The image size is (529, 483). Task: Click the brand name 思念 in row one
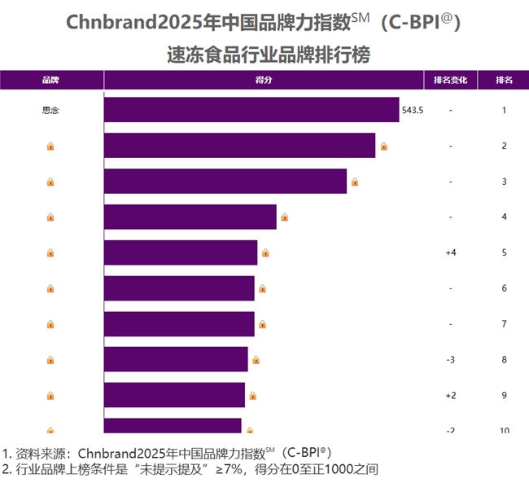click(50, 110)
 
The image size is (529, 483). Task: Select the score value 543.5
click(413, 110)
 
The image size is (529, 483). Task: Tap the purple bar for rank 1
click(251, 110)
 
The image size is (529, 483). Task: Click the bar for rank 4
click(190, 217)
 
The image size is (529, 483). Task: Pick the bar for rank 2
click(240, 146)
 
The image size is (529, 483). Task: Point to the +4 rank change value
click(450, 252)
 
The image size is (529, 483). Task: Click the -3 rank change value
click(450, 360)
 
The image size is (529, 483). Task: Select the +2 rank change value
click(450, 396)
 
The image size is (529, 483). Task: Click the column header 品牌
click(50, 80)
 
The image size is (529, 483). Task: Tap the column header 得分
click(263, 80)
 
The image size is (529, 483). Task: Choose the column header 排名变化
click(450, 80)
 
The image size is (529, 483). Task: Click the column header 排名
click(505, 80)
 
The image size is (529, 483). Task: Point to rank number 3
click(505, 182)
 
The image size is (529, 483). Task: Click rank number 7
click(505, 324)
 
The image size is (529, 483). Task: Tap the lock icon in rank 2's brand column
click(50, 146)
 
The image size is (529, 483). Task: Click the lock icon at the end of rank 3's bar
click(355, 182)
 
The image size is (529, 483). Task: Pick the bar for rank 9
click(174, 395)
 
